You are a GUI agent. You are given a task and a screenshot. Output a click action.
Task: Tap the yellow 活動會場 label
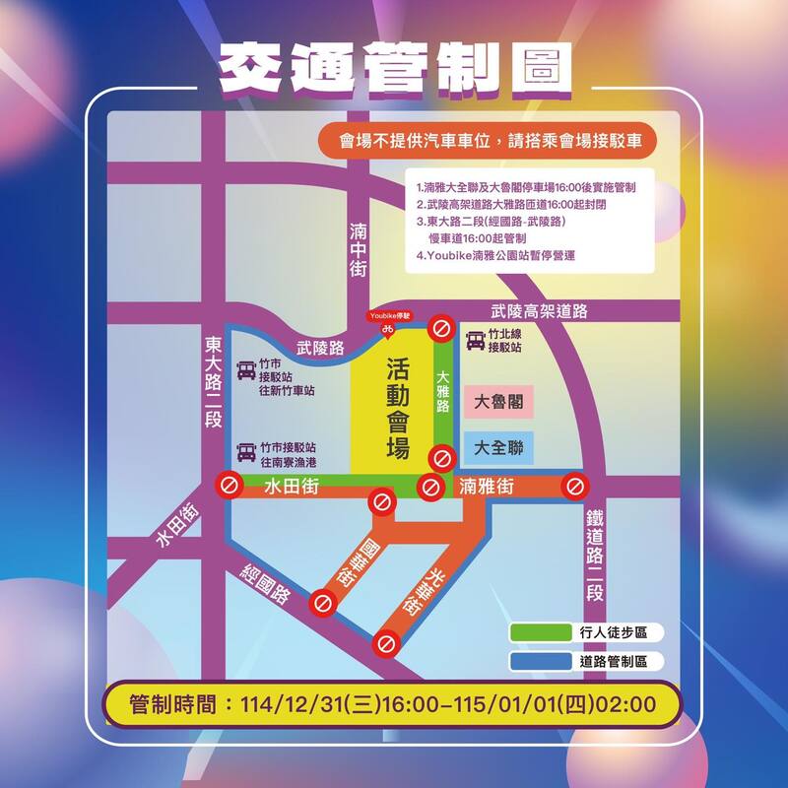coord(397,407)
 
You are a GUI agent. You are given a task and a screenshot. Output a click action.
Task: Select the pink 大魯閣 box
coord(497,402)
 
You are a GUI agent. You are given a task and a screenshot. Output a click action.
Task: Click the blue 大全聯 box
coord(497,448)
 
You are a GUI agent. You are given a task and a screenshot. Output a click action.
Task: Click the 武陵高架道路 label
coord(540,311)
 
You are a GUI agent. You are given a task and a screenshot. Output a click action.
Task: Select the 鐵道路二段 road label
coord(594,558)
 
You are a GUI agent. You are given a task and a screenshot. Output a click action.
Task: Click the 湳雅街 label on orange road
coord(487,485)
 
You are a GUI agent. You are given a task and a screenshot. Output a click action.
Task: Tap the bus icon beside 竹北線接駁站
coord(476,341)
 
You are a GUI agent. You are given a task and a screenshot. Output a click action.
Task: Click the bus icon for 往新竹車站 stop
coord(244,371)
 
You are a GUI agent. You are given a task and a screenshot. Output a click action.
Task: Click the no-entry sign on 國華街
coord(322,602)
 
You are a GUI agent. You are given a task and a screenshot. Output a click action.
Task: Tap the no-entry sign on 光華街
coord(385,644)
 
